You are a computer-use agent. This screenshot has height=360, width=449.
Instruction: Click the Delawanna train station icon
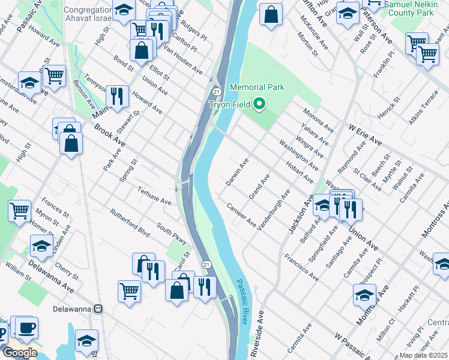[100, 309]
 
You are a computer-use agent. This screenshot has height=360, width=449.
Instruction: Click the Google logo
[20, 353]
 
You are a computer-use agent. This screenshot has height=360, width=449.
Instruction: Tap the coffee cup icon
[26, 328]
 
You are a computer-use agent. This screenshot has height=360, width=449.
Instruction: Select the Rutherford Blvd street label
[129, 221]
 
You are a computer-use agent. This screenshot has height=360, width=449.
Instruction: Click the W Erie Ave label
[365, 133]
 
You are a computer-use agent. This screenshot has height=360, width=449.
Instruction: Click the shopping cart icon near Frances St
[20, 211]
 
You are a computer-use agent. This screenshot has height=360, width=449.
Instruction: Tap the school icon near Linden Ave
[41, 245]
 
